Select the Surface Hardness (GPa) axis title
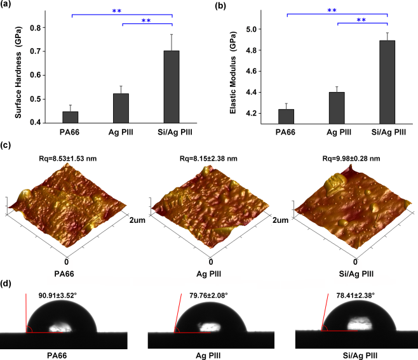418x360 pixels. tap(18, 67)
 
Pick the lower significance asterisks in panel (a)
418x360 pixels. tap(146, 22)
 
